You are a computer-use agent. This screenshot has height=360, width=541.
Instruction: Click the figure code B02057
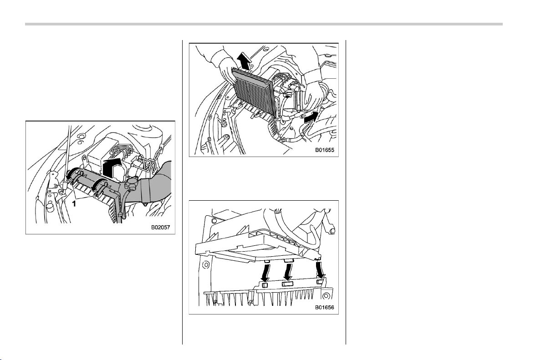[160, 228]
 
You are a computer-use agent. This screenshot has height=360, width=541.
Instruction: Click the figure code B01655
[324, 150]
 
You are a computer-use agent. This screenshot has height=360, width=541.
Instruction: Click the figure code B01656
[324, 307]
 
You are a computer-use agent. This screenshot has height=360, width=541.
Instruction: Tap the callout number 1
[73, 204]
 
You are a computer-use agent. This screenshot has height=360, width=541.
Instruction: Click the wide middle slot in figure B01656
[287, 284]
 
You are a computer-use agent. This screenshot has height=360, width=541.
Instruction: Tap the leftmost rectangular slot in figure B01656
[265, 285]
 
